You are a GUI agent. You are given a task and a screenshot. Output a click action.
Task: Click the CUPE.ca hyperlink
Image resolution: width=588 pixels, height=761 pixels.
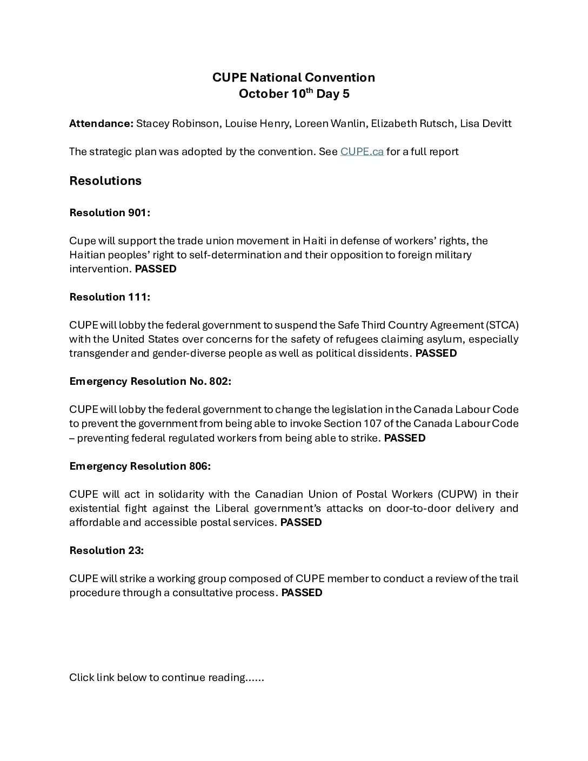(x=362, y=152)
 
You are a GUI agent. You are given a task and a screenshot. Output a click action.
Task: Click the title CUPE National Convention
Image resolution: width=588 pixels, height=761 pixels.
(x=293, y=77)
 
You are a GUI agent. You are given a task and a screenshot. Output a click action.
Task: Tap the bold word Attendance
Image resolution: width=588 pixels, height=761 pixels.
(x=101, y=124)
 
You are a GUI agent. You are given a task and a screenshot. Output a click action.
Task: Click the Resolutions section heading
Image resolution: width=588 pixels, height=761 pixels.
(x=105, y=181)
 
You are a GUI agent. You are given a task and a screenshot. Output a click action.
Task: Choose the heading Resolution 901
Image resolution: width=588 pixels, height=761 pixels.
(x=110, y=213)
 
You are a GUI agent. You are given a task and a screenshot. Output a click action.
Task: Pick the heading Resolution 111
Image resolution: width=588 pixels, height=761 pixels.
(x=110, y=297)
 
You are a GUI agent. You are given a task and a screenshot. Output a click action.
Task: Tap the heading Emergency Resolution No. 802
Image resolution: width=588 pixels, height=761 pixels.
(x=150, y=382)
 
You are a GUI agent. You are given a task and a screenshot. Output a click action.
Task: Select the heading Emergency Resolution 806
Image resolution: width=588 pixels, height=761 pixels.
(x=140, y=466)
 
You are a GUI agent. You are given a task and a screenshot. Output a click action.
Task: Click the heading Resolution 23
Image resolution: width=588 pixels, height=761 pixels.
(x=106, y=551)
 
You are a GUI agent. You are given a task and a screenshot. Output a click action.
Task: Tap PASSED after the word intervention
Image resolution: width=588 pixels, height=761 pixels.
(x=156, y=269)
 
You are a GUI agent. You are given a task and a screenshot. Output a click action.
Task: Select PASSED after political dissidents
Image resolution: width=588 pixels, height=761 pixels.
(x=436, y=353)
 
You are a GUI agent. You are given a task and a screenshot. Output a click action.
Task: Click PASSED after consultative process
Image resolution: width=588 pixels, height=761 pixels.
(x=302, y=593)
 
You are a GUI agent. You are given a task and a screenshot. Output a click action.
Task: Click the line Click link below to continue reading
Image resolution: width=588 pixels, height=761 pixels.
(x=166, y=678)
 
